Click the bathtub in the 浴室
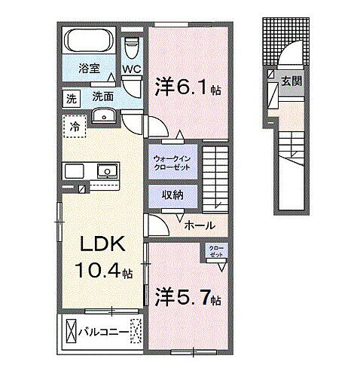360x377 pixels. (x=89, y=39)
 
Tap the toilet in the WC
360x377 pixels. (x=133, y=48)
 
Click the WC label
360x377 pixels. (x=133, y=70)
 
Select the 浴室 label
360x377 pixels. (x=90, y=68)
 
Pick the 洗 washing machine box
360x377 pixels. (x=70, y=98)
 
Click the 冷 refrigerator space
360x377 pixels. (x=75, y=125)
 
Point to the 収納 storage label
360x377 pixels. (x=173, y=195)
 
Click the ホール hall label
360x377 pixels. (x=200, y=225)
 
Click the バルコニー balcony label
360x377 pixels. (x=102, y=330)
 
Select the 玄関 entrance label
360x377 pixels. (x=290, y=79)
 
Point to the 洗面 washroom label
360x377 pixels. (x=103, y=97)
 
